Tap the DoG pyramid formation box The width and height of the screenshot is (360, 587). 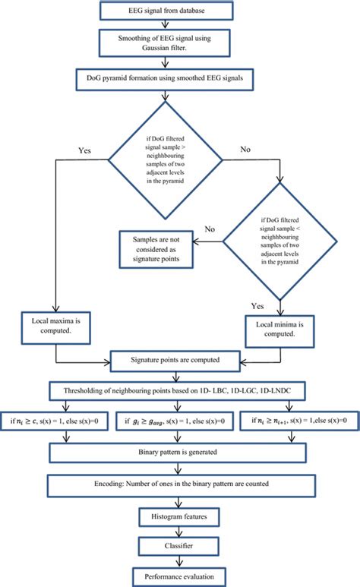(x=175, y=76)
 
